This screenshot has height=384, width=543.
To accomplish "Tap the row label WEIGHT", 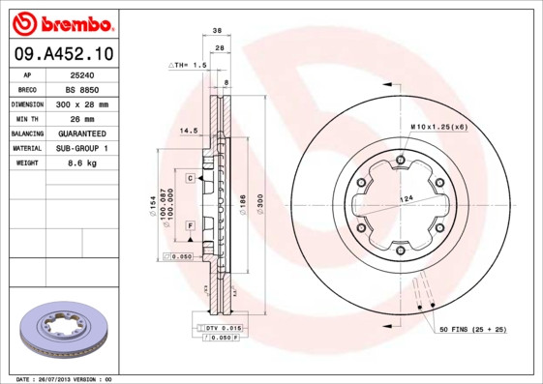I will [x=27, y=163].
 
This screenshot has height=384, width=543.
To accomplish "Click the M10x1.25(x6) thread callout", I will [x=437, y=127].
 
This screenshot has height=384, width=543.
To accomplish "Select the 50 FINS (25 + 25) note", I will [x=473, y=331].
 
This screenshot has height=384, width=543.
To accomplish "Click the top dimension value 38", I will [x=218, y=30].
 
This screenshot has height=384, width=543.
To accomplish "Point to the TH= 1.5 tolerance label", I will [x=190, y=65].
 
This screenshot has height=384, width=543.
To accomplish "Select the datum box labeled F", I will [x=191, y=224].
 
